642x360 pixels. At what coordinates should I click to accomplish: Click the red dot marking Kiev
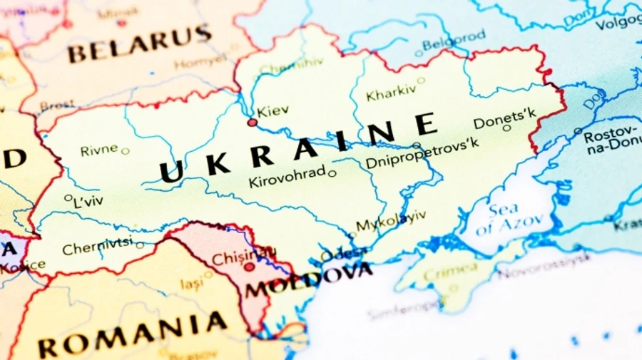252,123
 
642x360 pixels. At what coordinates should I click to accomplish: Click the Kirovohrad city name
287,178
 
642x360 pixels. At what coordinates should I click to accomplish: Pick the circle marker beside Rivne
126,151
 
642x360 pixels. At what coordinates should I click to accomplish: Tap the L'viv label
88,201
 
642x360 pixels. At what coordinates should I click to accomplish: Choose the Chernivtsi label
97,247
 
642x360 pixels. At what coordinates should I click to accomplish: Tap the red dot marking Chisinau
249,267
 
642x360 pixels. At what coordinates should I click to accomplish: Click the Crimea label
451,271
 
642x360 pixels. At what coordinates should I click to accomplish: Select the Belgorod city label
454,40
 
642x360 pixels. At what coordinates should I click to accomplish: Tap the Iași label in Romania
191,284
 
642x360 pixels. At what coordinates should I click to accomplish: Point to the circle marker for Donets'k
506,128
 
